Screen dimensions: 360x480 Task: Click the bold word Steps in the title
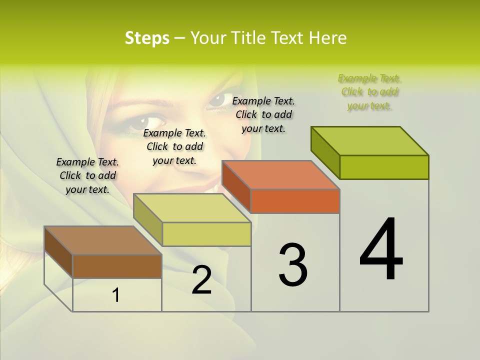(147, 38)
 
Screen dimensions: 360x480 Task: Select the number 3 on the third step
(292, 264)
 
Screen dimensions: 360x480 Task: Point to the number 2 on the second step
(201, 280)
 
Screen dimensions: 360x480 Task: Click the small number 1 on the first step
(116, 295)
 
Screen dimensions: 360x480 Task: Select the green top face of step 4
(369, 140)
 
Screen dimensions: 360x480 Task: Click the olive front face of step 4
(384, 167)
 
